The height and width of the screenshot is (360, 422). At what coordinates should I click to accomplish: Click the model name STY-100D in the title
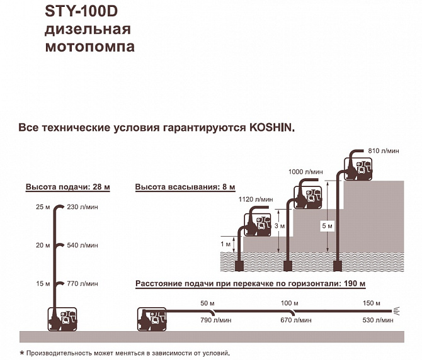81,11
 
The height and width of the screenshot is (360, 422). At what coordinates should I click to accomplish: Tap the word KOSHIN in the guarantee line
270,127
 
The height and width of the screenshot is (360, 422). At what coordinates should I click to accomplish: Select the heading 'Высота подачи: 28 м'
68,187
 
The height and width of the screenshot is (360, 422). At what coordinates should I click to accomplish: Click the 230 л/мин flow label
83,207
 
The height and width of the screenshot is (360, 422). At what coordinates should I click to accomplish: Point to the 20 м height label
43,245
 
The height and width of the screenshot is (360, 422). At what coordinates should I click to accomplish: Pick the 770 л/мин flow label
83,284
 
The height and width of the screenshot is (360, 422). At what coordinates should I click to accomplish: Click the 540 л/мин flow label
83,245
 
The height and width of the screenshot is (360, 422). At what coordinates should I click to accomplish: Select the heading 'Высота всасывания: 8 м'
185,187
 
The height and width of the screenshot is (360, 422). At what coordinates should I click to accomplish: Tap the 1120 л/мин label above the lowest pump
256,200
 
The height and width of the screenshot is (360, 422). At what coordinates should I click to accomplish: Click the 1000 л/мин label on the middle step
305,172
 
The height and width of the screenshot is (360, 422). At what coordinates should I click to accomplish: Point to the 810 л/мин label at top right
384,151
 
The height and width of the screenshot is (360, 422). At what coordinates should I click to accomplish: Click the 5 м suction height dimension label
328,226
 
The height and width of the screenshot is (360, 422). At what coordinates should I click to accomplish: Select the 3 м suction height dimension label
280,226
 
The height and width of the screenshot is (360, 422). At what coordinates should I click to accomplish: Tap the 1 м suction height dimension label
225,244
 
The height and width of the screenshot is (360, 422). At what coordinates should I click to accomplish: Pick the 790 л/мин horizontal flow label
216,320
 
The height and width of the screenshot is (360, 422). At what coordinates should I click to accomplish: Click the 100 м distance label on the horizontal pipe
290,303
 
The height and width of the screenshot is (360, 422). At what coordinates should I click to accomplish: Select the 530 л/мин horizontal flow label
378,320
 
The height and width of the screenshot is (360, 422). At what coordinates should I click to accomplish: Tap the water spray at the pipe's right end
396,311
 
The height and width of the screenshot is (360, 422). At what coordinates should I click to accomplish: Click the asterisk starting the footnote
22,352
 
